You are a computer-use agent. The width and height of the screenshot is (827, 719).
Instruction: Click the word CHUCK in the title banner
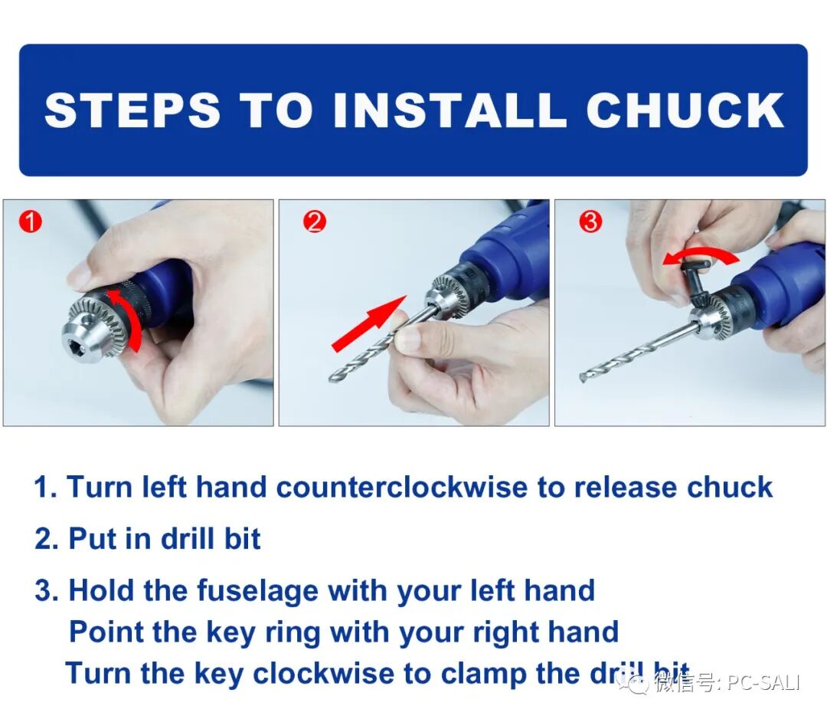click(685, 110)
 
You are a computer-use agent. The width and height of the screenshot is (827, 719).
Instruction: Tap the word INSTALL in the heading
click(450, 110)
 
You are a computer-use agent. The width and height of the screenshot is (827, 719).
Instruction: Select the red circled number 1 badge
click(31, 222)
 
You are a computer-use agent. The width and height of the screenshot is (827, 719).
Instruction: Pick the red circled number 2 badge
click(315, 222)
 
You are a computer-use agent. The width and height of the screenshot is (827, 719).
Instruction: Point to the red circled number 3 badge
click(590, 222)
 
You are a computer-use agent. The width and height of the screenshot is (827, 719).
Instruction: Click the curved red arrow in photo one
click(130, 311)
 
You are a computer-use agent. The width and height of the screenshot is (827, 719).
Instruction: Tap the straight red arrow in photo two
click(369, 323)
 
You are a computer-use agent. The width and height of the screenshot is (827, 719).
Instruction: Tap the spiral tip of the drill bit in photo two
click(335, 376)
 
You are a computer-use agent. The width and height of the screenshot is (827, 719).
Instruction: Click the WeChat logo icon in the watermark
click(633, 685)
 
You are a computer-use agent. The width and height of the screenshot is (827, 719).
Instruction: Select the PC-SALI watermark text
click(763, 683)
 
